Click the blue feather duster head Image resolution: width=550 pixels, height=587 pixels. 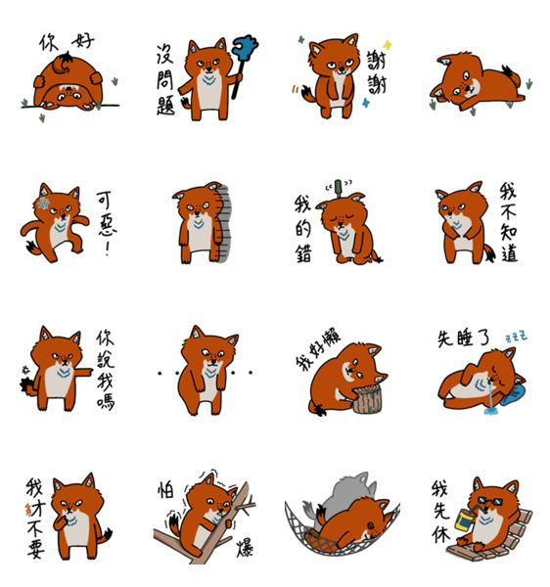245,47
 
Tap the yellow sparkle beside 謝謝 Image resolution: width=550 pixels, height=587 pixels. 388,45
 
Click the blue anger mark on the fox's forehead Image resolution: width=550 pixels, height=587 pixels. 44,203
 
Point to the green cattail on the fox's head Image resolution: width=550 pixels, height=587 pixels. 338,188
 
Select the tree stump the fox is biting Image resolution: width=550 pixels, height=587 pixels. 368,400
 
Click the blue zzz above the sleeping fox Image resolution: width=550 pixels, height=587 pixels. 516,337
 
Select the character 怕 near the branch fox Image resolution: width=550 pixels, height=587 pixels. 165,490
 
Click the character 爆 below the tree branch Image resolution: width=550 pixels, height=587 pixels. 245,548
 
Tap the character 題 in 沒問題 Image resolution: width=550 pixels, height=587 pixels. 165,105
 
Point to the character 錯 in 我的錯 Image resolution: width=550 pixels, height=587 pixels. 303,253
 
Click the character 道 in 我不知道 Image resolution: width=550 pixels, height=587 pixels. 509,252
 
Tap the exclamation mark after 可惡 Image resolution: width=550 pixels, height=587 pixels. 108,248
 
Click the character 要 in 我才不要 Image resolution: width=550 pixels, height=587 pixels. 36,549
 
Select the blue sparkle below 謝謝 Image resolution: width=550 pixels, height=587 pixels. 366,103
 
